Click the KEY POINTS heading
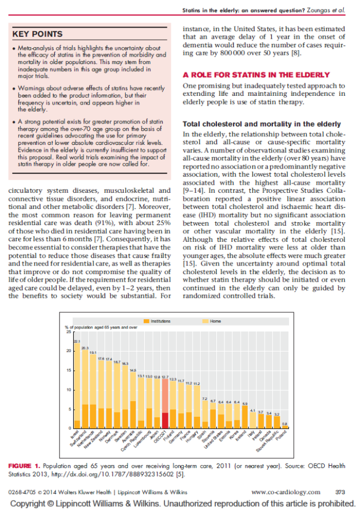[x=37, y=35]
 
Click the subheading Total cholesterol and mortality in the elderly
[x=261, y=124]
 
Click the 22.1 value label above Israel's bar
[x=77, y=342]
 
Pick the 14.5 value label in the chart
[x=133, y=370]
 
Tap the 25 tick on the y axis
[x=69, y=332]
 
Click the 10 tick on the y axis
[x=69, y=390]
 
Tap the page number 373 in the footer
[x=340, y=492]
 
